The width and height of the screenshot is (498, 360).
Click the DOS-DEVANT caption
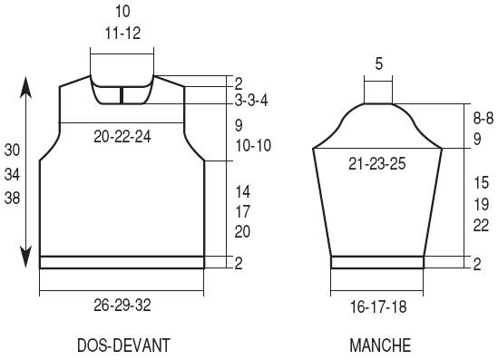click(123, 345)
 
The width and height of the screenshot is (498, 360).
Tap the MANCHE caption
click(380, 345)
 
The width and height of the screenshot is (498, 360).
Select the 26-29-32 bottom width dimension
click(122, 306)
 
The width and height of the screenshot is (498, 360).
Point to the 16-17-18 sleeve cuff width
click(378, 307)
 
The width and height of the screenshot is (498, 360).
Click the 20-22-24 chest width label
click(122, 137)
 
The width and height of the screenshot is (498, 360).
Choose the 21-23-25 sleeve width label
click(377, 164)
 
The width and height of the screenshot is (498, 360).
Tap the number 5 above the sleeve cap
click(378, 63)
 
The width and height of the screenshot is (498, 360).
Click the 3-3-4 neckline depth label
click(251, 101)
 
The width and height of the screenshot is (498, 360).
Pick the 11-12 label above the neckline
click(122, 33)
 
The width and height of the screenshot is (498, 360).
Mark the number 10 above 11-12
click(122, 11)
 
